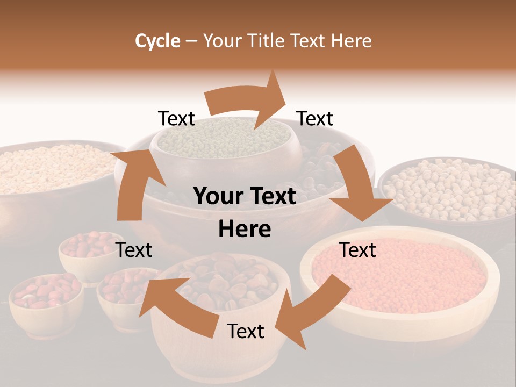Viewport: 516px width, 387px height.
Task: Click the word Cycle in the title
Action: point(157,41)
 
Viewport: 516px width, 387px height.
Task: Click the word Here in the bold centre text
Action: point(245,230)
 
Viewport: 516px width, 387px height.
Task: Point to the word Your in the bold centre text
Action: point(218,197)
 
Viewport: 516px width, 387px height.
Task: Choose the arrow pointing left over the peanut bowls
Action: point(172,304)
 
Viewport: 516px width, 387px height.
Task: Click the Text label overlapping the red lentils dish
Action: point(357,250)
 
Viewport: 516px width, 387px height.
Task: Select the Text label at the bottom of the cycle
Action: point(246,331)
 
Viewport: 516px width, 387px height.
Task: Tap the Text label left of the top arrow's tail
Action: point(176,119)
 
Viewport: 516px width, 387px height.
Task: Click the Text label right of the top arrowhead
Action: point(315,118)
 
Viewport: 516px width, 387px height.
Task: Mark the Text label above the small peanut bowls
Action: point(134,250)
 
